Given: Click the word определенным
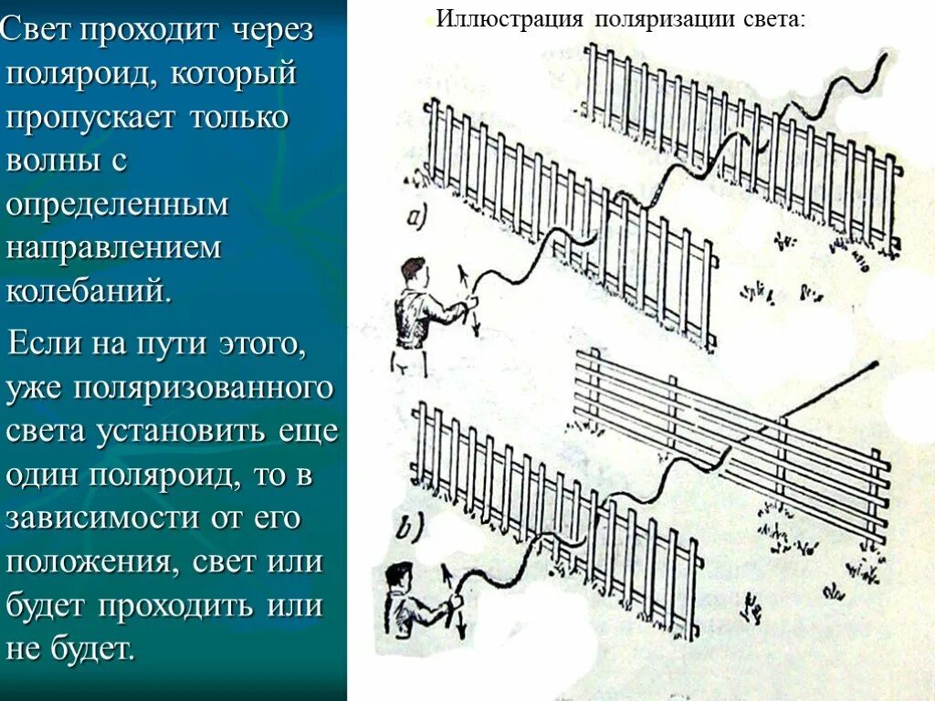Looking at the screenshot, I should tap(118, 204).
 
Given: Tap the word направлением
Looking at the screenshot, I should tap(114, 248).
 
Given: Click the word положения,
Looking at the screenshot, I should tap(91, 562).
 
